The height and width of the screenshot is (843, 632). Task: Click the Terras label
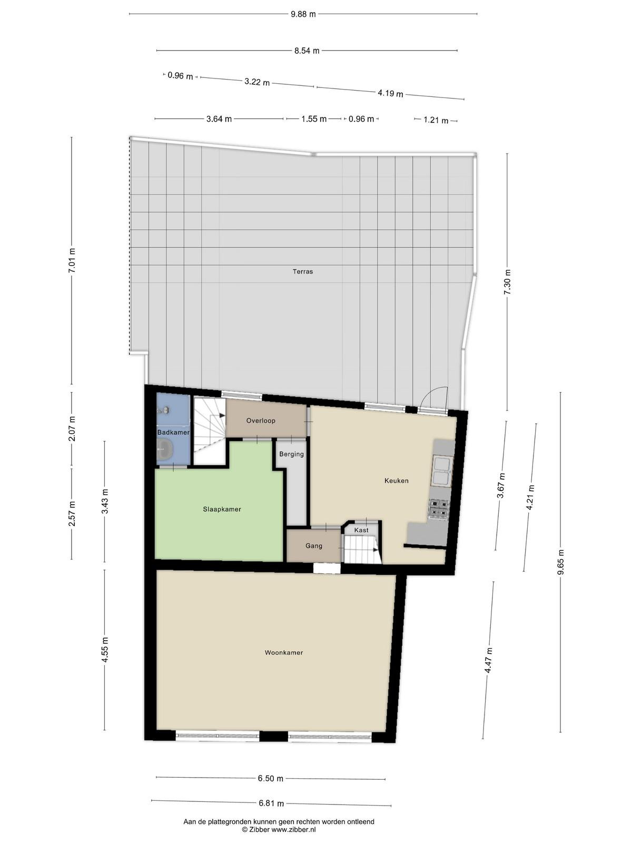pos(303,271)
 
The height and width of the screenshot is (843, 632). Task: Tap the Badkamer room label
pos(173,432)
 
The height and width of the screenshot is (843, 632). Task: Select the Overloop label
pos(261,420)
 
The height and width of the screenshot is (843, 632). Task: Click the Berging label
pos(292,454)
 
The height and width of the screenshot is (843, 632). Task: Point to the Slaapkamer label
pos(222,509)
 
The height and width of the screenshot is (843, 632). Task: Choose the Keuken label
pos(397,481)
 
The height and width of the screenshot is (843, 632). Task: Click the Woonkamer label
pos(284,652)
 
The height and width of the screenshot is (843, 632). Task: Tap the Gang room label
pos(314,546)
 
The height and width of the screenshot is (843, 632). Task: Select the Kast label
pos(361,530)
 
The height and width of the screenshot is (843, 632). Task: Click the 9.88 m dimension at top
pos(303,14)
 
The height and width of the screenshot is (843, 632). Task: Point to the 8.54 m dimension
pos(307,50)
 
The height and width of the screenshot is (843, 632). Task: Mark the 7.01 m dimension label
pos(72,260)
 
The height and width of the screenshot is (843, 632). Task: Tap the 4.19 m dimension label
pos(391,93)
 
